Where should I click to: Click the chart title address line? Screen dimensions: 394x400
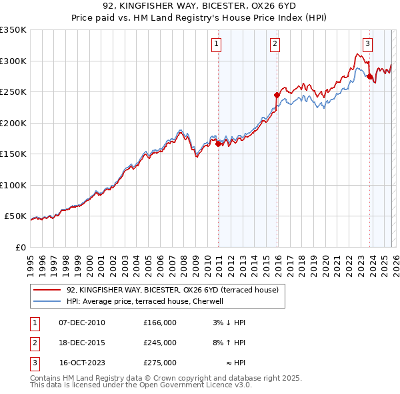click(199, 6)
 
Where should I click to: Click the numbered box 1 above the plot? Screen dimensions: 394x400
click(217, 45)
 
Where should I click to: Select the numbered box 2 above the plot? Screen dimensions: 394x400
click(275, 45)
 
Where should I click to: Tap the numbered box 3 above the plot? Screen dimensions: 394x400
click(367, 45)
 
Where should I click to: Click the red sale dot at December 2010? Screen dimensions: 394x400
click(218, 144)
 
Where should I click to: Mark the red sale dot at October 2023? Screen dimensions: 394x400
click(369, 77)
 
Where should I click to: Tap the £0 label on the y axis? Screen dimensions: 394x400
click(20, 247)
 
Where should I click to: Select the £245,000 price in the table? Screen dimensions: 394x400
click(160, 343)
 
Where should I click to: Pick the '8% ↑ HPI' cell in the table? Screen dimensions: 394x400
click(229, 343)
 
